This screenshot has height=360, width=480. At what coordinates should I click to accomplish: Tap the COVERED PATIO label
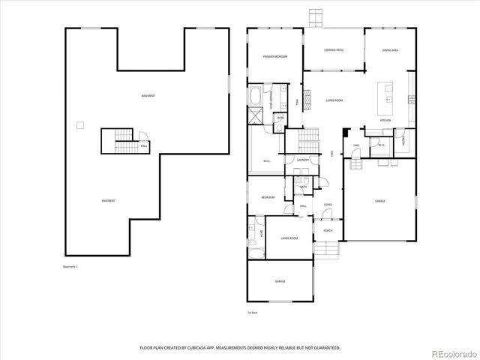point(334,50)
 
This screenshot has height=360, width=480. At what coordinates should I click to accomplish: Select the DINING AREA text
point(390,50)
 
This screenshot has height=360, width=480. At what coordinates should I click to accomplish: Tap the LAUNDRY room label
point(303,160)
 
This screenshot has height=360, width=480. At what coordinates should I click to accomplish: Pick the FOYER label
point(328,204)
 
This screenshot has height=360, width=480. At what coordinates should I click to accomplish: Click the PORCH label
point(328,230)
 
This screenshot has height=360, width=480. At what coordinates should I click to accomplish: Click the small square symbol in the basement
point(79,125)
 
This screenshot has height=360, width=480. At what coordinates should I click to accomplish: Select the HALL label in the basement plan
point(144,146)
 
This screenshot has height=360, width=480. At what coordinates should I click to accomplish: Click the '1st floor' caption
point(253,313)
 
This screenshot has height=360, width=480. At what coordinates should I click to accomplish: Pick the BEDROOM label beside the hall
point(268,197)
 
